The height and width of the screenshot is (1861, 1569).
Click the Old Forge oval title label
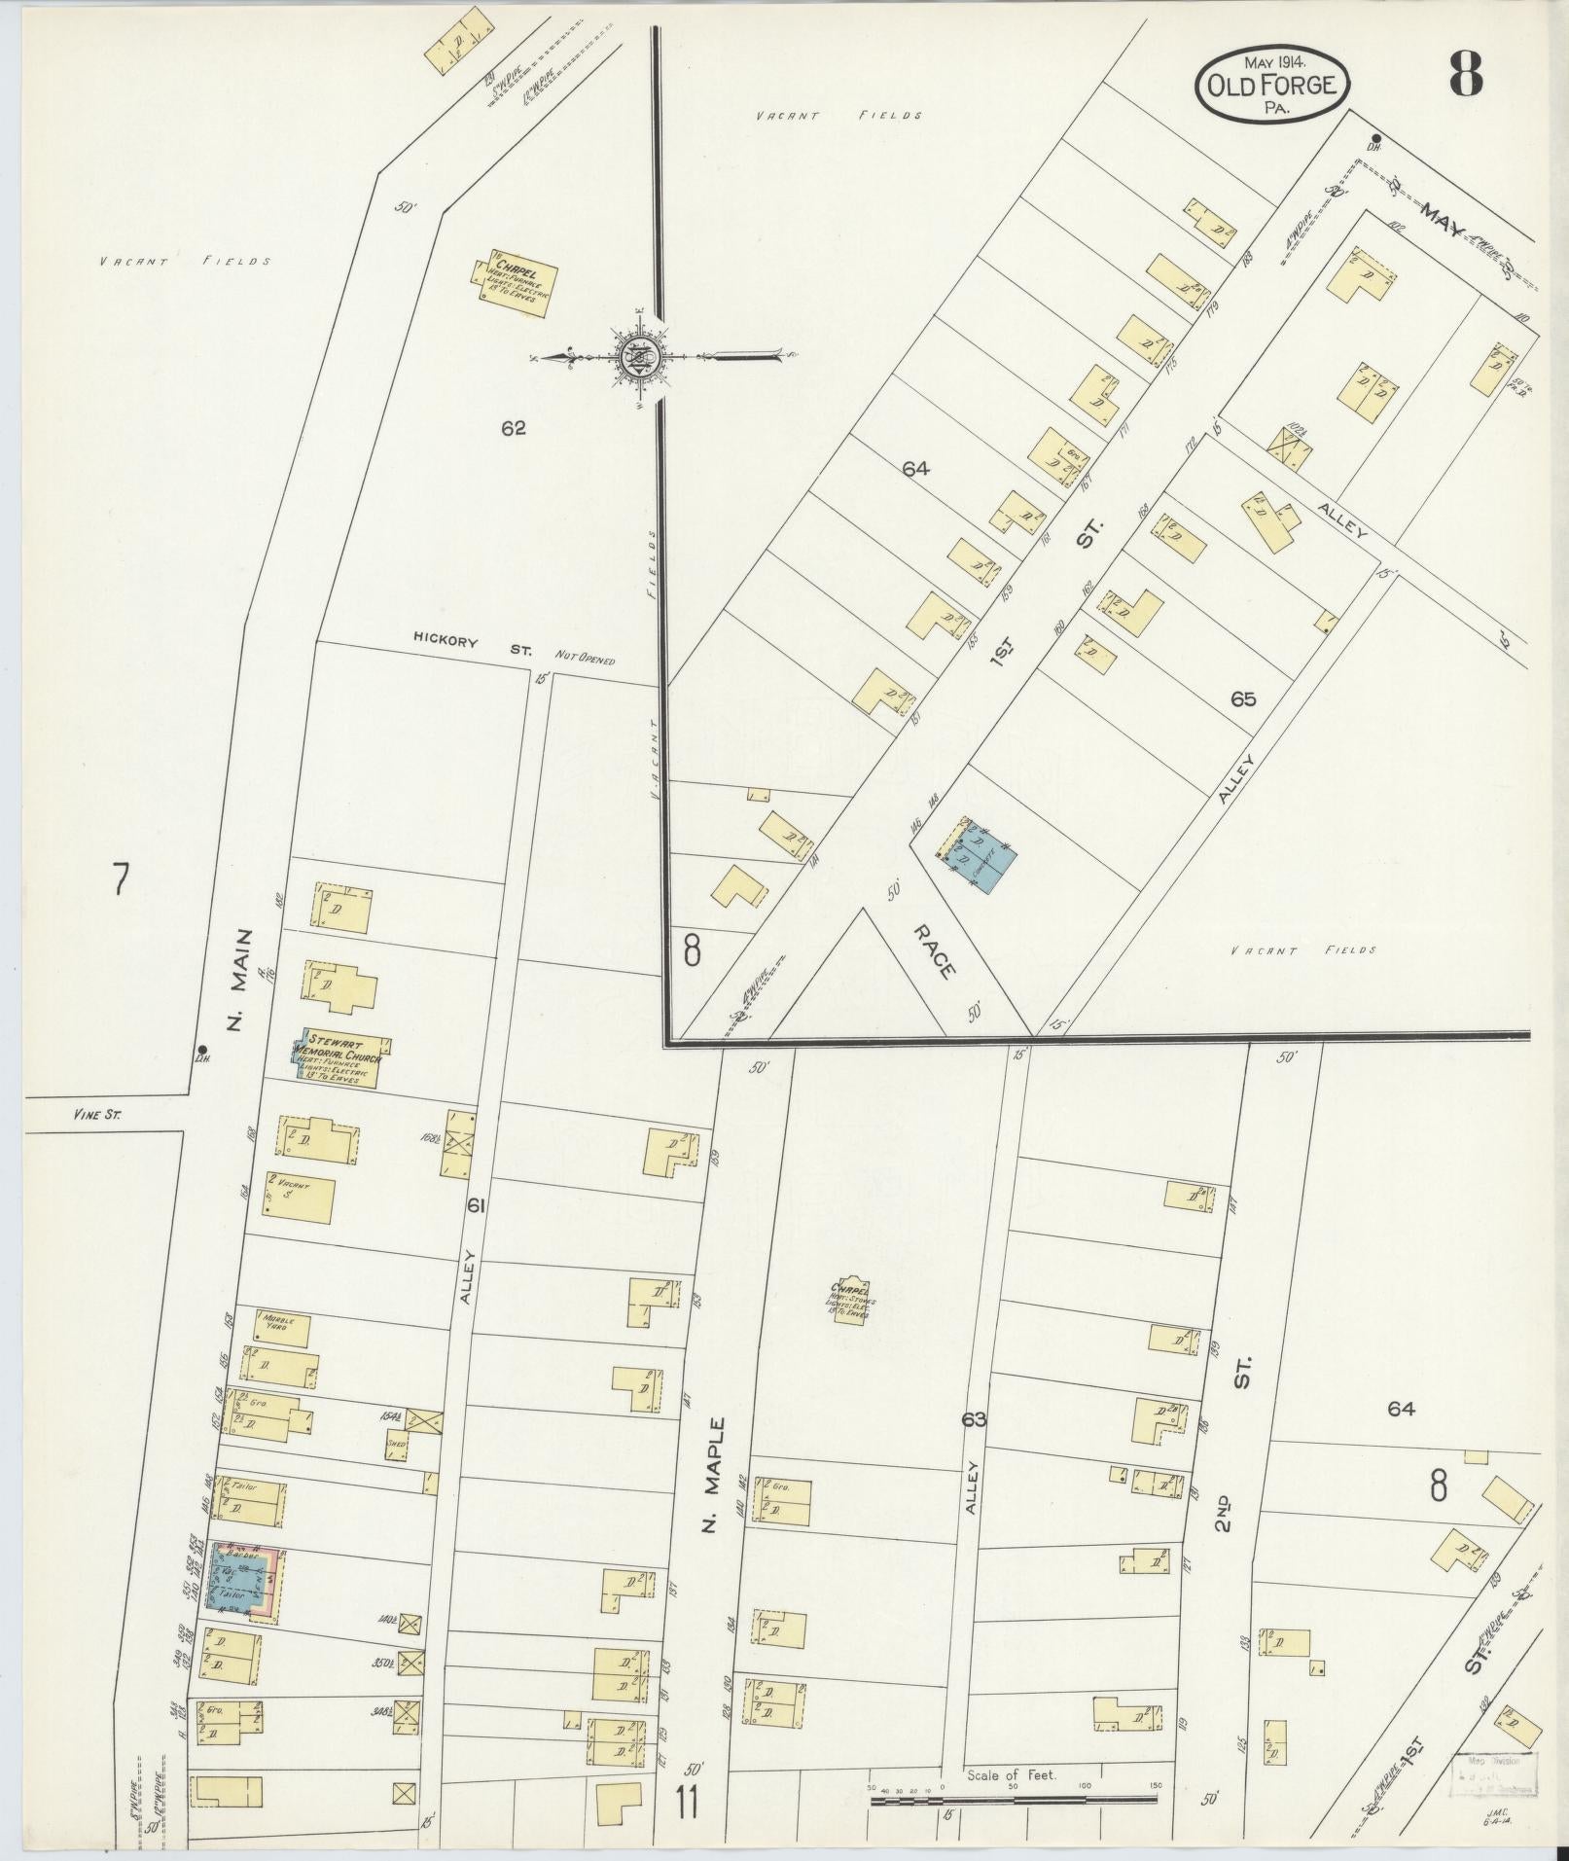coord(1272,86)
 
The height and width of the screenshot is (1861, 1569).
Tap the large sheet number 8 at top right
coord(1466,74)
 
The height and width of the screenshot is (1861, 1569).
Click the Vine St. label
coord(96,1117)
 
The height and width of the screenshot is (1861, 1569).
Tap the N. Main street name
coord(237,981)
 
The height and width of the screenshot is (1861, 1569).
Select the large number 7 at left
coord(120,878)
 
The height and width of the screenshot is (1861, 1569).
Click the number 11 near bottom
coord(688,1803)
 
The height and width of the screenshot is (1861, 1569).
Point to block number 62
coord(514,426)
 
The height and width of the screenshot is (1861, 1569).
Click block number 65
coord(1243,698)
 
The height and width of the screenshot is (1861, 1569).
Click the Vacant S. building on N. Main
coord(301,1199)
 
